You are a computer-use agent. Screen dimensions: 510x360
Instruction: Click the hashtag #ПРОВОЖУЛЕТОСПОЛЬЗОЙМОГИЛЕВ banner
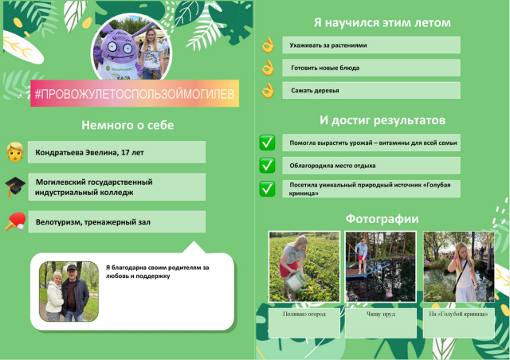coord(135,93)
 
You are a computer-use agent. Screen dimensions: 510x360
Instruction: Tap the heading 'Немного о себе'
coord(127,125)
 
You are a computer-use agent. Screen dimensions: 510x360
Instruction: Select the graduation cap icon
coord(15,186)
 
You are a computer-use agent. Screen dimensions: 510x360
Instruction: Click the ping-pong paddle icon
coord(16,221)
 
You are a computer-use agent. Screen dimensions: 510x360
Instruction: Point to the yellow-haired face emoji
coord(15,152)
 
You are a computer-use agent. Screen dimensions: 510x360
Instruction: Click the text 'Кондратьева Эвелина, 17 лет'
coord(89,152)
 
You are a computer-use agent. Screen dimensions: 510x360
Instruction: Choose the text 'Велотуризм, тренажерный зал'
coord(93,222)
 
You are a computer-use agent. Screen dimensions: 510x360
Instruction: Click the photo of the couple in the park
coord(69,292)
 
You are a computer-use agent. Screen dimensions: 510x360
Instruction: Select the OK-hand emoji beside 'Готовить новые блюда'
coord(268,68)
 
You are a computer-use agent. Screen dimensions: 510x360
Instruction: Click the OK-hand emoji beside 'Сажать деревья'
coord(268,91)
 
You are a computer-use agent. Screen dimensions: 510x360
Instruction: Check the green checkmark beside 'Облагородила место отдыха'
coord(267,165)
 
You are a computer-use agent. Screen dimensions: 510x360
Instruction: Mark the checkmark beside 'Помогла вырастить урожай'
coord(267,143)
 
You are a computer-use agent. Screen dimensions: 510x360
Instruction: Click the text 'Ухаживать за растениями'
coord(328,45)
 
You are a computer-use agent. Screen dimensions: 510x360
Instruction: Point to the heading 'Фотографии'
coord(382,218)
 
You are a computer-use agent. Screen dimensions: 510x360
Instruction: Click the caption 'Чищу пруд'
coord(381,314)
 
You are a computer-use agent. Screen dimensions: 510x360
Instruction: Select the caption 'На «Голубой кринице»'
coord(458,314)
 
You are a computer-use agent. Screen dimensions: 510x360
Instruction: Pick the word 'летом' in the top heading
coord(433,23)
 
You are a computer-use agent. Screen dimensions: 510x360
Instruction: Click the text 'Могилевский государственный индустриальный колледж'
coord(94,187)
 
